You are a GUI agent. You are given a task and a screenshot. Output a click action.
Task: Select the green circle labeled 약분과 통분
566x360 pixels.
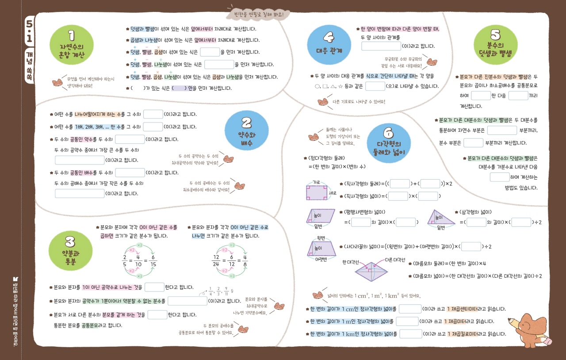(x=70, y=250)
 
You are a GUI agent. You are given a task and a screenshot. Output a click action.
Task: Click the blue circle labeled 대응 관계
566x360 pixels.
(x=329, y=44)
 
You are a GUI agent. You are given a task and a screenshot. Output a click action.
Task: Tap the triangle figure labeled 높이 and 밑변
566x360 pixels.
(x=441, y=217)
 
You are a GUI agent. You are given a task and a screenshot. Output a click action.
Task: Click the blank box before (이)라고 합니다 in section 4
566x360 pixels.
(x=381, y=46)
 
